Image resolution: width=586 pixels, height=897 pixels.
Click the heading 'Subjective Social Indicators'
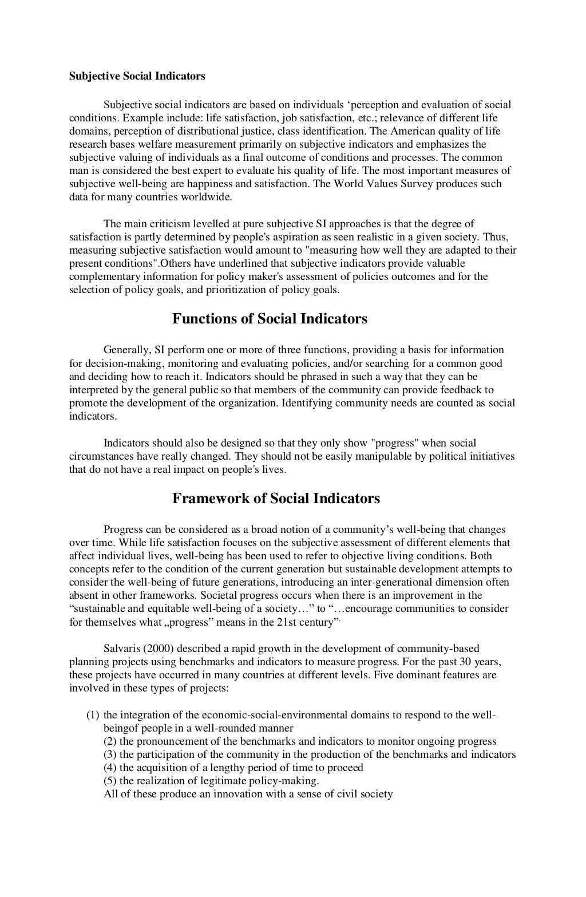tap(137, 76)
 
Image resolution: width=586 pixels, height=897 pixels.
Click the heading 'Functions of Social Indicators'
tap(270, 319)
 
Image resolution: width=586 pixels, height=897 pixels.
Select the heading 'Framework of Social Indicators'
tap(276, 499)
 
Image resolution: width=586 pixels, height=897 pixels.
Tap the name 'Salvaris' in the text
tap(122, 649)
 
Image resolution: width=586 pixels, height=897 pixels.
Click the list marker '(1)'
tap(93, 715)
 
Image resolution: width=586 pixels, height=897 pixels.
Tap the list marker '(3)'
tap(110, 754)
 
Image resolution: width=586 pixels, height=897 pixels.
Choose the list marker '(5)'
tap(110, 781)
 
